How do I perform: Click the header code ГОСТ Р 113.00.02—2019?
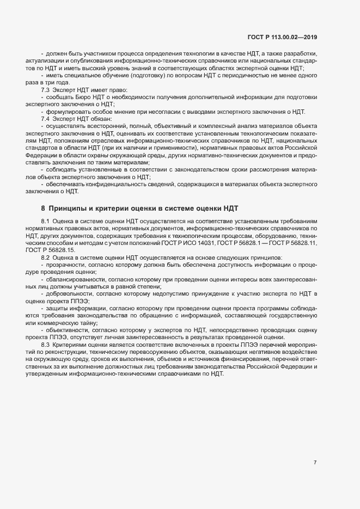pos(283,37)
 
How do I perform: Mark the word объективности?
pos(66,330)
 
